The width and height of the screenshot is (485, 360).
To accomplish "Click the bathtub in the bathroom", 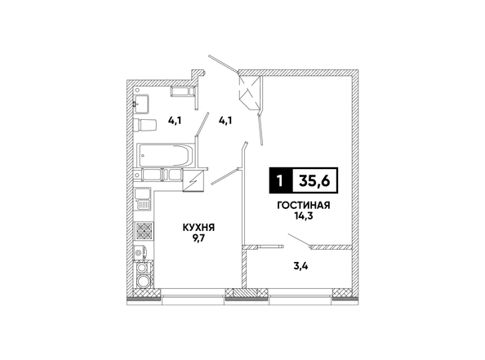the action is (x=165, y=155).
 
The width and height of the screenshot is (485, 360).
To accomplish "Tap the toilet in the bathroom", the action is (x=145, y=125).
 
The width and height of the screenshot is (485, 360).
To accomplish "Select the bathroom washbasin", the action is (x=142, y=104).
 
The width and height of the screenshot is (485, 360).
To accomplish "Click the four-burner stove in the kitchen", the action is (x=144, y=231).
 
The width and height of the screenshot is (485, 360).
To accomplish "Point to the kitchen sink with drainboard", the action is (x=142, y=199).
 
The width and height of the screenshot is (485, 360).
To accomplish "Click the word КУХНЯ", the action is (x=198, y=228).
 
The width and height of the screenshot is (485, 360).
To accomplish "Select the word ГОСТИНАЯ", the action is (x=304, y=206).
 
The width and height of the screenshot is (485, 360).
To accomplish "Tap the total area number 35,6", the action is (x=314, y=180).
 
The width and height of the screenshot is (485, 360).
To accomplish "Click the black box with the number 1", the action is (x=281, y=180).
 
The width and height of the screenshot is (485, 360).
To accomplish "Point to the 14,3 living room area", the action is (x=304, y=216).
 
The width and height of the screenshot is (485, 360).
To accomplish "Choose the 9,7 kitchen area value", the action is (x=198, y=238).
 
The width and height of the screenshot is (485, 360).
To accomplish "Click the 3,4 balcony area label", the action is (x=300, y=265).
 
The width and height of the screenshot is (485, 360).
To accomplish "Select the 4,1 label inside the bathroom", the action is (x=175, y=120).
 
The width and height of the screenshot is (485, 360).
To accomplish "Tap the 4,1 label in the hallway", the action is (x=225, y=120).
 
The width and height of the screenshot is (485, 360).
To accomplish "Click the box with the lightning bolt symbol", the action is (x=193, y=181).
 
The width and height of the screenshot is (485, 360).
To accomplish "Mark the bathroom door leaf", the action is (x=202, y=124).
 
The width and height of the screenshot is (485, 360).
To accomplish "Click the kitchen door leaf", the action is (x=225, y=176).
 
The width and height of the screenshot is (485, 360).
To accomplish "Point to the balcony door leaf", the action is (x=299, y=241).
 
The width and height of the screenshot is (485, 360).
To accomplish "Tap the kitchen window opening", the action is (x=193, y=293).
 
